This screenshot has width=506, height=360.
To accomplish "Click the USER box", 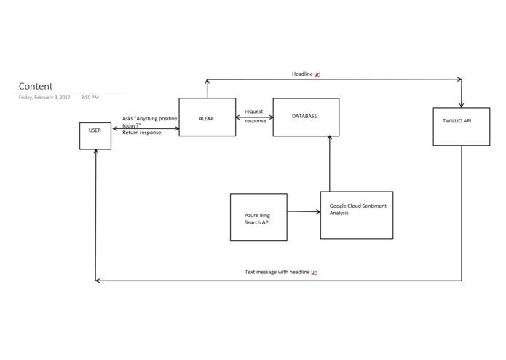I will [x=95, y=136].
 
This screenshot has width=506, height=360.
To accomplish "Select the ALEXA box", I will [x=207, y=117].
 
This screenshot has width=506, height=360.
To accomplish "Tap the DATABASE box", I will [x=306, y=117].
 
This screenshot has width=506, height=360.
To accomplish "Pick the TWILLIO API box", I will [x=462, y=127].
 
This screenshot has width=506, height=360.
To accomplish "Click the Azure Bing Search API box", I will [x=258, y=217].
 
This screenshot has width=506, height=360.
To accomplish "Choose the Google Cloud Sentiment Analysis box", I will [x=357, y=215].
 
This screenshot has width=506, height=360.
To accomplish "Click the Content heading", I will [x=36, y=86].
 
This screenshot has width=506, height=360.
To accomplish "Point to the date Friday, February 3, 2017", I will [x=44, y=97].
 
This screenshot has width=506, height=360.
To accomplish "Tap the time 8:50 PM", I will [x=90, y=97].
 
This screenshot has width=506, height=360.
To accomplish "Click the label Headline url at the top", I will [x=306, y=74].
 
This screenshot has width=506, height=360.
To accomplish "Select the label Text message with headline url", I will [x=281, y=272].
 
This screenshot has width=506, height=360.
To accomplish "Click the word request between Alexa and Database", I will [x=254, y=111].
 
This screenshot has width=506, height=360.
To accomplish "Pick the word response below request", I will [x=255, y=121].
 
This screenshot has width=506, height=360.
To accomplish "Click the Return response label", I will [x=141, y=133].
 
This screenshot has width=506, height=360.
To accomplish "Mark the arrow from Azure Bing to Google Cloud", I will [x=304, y=212].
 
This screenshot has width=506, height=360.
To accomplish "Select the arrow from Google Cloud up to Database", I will [x=330, y=164].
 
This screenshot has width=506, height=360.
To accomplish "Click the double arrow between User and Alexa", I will [x=146, y=129].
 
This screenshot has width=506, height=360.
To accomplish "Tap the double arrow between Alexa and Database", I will [x=254, y=117].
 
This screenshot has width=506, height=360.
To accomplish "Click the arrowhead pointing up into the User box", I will [x=95, y=153].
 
